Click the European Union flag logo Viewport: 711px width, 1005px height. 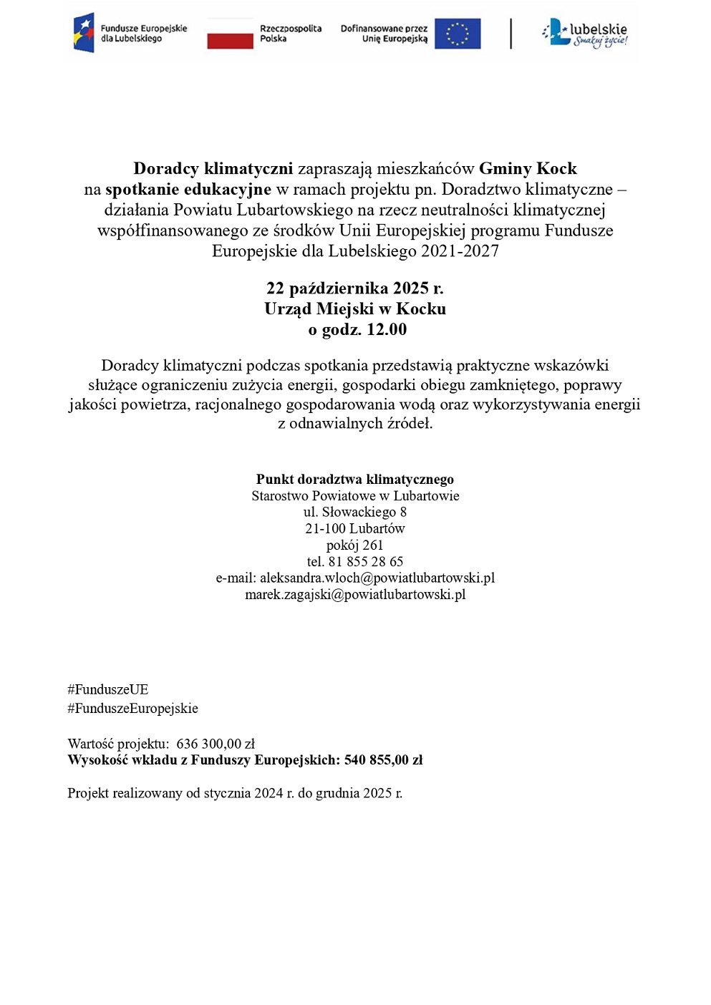click(x=458, y=34)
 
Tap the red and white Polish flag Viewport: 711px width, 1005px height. click(x=230, y=34)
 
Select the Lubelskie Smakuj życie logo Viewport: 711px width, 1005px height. click(x=585, y=33)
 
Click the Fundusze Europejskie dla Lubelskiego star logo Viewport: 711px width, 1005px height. click(x=84, y=33)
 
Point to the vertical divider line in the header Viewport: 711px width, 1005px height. click(x=511, y=34)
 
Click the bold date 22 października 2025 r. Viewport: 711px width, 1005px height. click(x=354, y=288)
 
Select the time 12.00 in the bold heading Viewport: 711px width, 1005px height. click(x=387, y=330)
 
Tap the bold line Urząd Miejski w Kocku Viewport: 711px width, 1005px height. click(x=354, y=309)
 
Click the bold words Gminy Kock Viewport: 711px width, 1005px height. click(x=528, y=169)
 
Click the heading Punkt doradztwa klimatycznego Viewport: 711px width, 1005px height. click(x=354, y=480)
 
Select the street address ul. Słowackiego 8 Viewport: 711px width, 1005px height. click(x=354, y=513)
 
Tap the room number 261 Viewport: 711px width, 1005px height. click(x=372, y=545)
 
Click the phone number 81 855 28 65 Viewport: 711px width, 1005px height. click(x=365, y=562)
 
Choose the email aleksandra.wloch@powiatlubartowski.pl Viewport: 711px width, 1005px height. click(x=377, y=578)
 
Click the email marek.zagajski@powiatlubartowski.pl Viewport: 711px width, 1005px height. click(x=355, y=595)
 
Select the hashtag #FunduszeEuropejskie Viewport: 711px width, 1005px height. click(x=132, y=709)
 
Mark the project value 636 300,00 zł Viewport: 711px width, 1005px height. click(x=216, y=744)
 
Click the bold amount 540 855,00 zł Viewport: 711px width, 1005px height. click(x=383, y=760)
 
